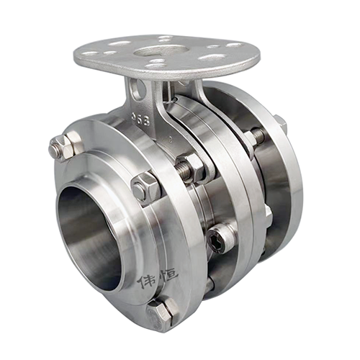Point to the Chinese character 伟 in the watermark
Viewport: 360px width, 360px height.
[148, 278]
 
